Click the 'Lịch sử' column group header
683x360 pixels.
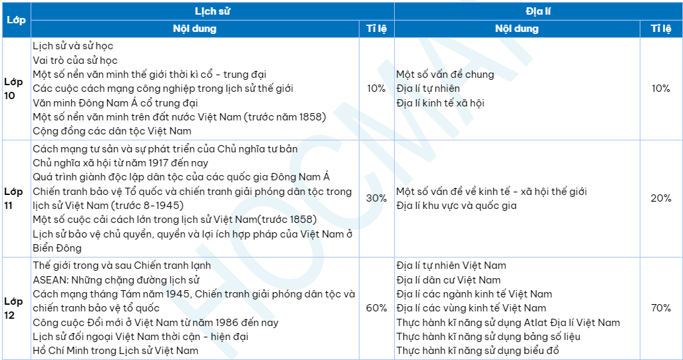pos(212,11)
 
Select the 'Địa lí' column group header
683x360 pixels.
pos(538,11)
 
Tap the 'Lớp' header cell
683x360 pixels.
pos(16,20)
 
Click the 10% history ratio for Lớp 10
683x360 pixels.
pos(377,89)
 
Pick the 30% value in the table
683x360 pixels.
pos(377,198)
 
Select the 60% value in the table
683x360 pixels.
pos(377,308)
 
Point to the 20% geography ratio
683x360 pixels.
pos(660,198)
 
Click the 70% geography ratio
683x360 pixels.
pos(660,308)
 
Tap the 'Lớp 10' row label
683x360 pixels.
pos(14,89)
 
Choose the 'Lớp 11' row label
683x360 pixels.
pos(14,198)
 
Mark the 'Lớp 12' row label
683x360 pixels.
pos(14,308)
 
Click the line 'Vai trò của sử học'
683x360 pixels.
pos(75,60)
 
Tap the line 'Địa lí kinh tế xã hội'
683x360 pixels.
pos(440,102)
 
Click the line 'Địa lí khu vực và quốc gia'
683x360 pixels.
pos(456,206)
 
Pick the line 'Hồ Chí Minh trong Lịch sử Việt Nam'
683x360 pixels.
pos(115,351)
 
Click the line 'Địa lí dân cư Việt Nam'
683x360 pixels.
pos(448,280)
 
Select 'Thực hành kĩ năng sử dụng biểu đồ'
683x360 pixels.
pos(477,351)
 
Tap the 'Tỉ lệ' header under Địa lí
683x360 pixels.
pos(660,29)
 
